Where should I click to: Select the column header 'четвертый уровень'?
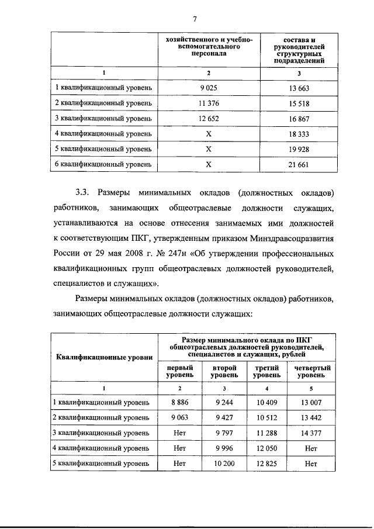click(312, 371)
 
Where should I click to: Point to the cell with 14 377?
click(312, 433)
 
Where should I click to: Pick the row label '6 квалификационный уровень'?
click(103, 164)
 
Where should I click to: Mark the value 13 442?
click(312, 418)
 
